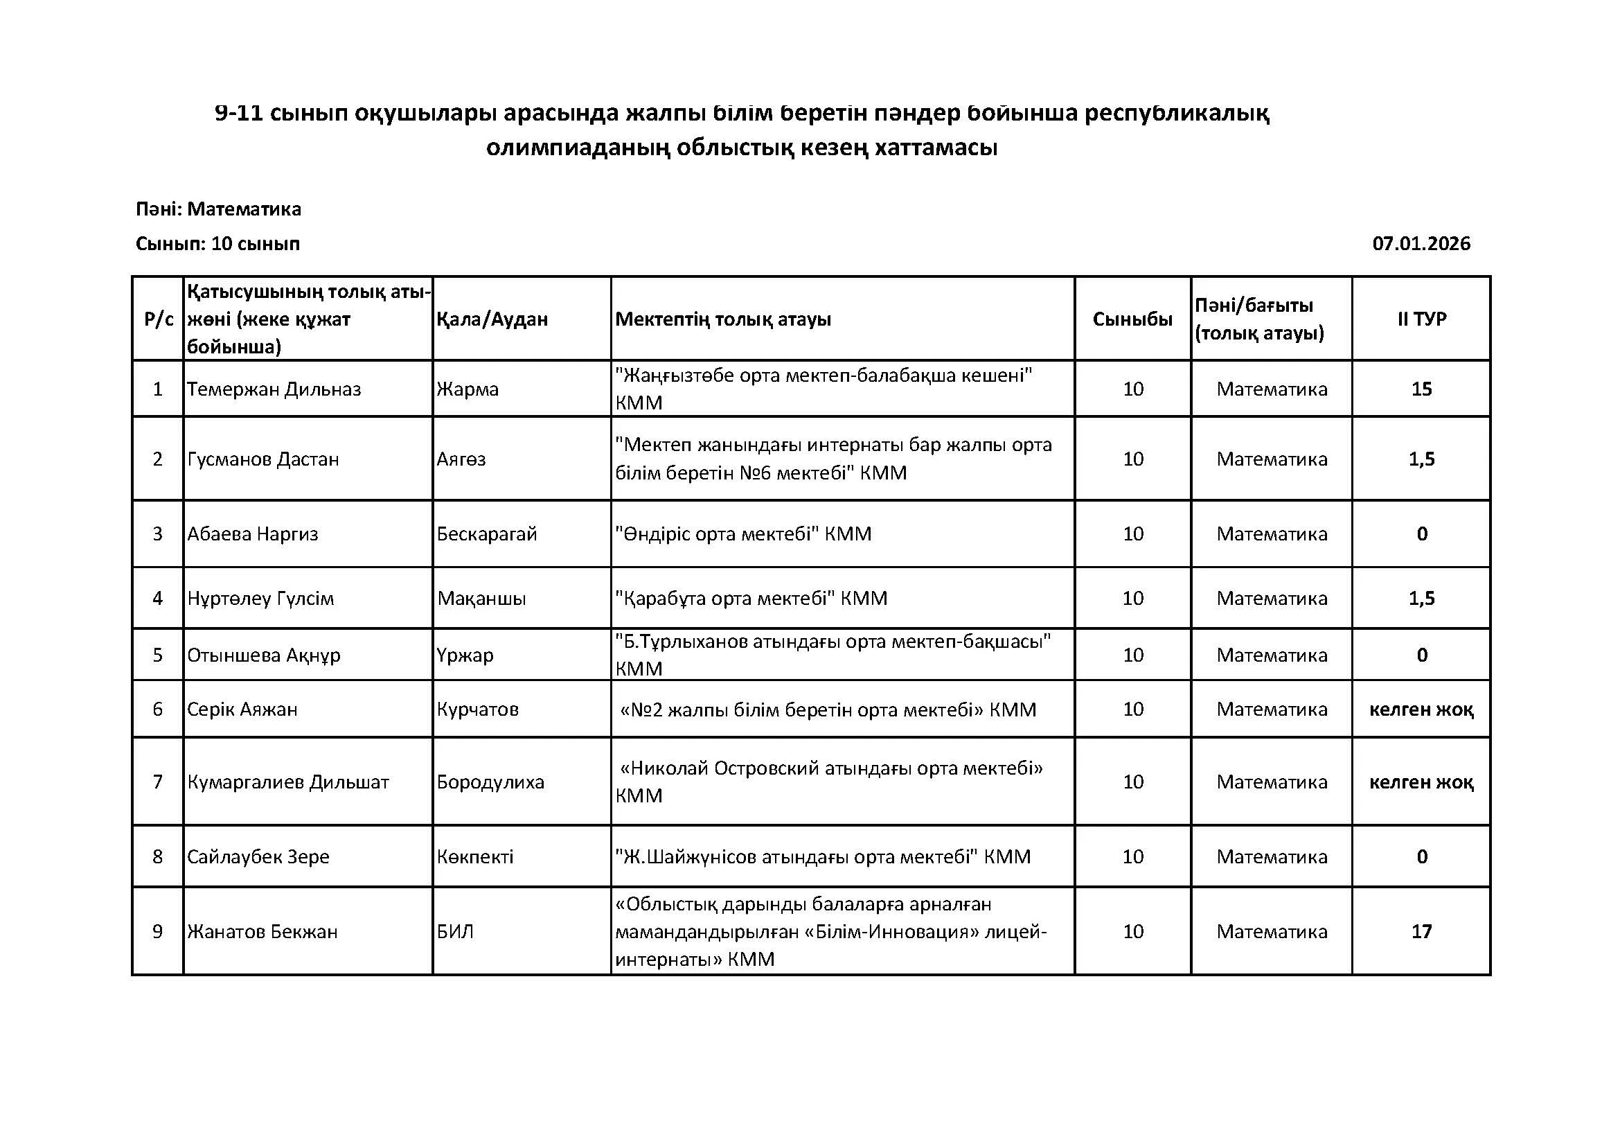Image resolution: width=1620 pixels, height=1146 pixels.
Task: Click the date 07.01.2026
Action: point(1421,243)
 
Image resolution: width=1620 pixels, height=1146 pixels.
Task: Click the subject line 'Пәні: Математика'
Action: point(218,209)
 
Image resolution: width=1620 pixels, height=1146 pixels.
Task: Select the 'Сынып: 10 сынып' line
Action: point(217,243)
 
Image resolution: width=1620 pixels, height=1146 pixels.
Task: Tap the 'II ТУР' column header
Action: point(1421,319)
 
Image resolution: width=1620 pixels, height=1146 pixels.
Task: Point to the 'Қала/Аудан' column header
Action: point(492,319)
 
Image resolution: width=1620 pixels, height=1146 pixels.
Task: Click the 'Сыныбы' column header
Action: point(1132,319)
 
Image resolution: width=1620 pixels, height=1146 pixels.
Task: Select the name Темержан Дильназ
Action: point(274,389)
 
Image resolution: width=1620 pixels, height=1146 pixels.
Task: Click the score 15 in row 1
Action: point(1421,389)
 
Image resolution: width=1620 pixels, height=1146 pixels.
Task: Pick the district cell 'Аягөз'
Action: point(461,459)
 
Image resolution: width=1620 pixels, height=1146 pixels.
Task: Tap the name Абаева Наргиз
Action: point(253,534)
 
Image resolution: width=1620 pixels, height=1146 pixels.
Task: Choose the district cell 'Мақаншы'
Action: point(481,599)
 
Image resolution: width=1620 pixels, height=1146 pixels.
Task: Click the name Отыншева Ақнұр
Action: point(264,655)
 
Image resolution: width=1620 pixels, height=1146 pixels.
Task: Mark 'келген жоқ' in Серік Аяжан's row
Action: point(1421,709)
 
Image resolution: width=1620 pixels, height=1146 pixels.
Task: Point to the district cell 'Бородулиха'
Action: point(490,782)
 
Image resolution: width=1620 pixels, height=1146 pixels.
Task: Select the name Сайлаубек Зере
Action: point(258,856)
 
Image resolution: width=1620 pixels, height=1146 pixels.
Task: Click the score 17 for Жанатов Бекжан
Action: point(1421,931)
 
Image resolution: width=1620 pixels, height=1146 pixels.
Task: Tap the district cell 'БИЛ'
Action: point(455,931)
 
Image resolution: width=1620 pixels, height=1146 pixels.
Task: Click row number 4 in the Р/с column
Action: point(157,599)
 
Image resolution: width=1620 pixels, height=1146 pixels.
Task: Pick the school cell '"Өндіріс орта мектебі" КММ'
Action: point(743,534)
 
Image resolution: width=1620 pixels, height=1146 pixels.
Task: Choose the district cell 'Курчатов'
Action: point(478,709)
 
